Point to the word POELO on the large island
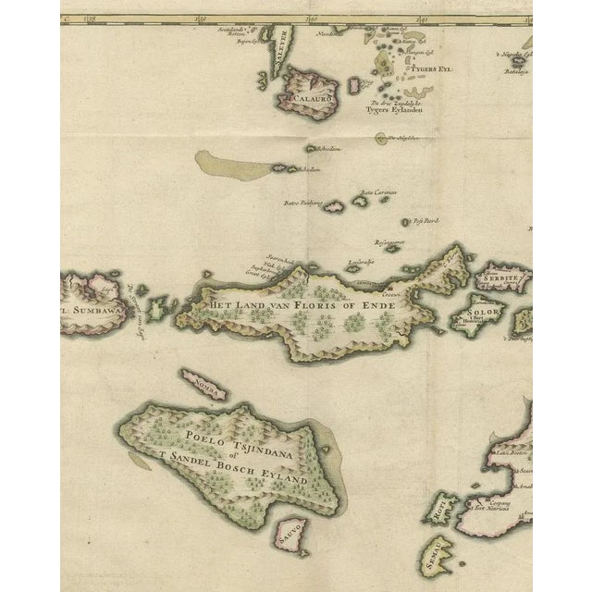click(206, 440)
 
